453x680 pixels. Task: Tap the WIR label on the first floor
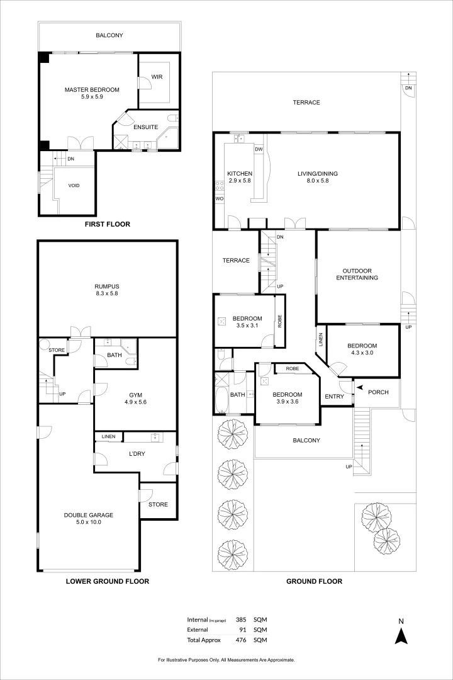click(x=157, y=78)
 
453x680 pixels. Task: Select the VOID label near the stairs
click(x=74, y=186)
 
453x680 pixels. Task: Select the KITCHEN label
click(x=240, y=173)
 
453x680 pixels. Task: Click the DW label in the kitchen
click(x=259, y=149)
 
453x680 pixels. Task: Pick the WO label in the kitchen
click(x=220, y=198)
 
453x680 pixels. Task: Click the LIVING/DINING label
click(x=313, y=173)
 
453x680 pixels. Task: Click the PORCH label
click(x=378, y=392)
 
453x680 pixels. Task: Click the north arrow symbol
click(x=399, y=635)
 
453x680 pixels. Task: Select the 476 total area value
click(x=241, y=640)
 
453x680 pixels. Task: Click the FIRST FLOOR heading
click(x=107, y=224)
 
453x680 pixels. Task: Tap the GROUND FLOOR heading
click(x=314, y=581)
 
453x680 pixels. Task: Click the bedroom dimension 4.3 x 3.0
click(x=362, y=353)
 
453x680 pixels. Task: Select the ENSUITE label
click(x=145, y=127)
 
